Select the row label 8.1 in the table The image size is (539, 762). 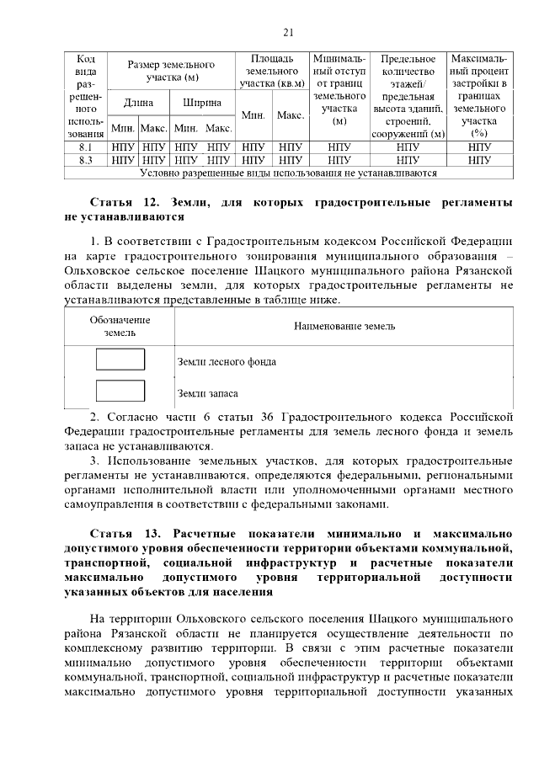[85, 147]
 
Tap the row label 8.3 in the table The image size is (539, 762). [85, 159]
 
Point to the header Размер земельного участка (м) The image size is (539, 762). [171, 71]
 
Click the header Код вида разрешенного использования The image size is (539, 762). [85, 96]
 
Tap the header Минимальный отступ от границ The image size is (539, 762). [339, 90]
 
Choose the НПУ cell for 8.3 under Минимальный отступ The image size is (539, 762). [339, 159]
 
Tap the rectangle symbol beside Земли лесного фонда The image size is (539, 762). [120, 360]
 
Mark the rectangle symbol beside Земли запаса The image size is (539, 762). [120, 391]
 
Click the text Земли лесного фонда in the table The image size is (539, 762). [227, 362]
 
